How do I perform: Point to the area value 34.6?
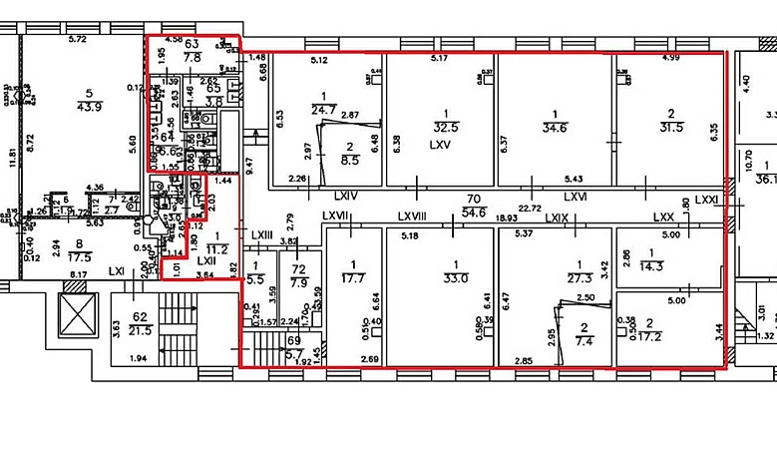[555, 127]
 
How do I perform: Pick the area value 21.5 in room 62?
[141, 329]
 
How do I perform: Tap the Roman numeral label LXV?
[441, 144]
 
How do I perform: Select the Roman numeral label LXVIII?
[411, 217]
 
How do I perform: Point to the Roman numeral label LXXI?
[707, 199]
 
